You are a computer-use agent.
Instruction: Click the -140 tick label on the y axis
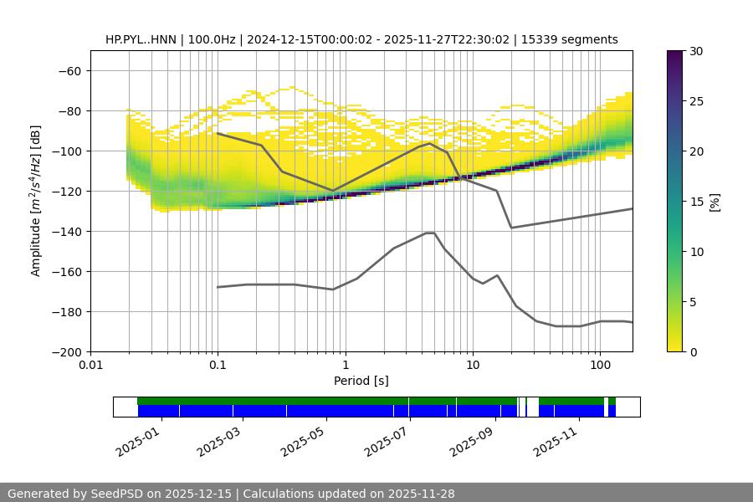pos(69,231)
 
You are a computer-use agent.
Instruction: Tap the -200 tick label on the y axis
pos(69,351)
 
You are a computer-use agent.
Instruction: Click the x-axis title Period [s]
pos(361,381)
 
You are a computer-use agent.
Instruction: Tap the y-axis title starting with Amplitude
pos(36,201)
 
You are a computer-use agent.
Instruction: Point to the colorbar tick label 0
pos(694,351)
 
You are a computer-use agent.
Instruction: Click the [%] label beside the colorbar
pos(715,202)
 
